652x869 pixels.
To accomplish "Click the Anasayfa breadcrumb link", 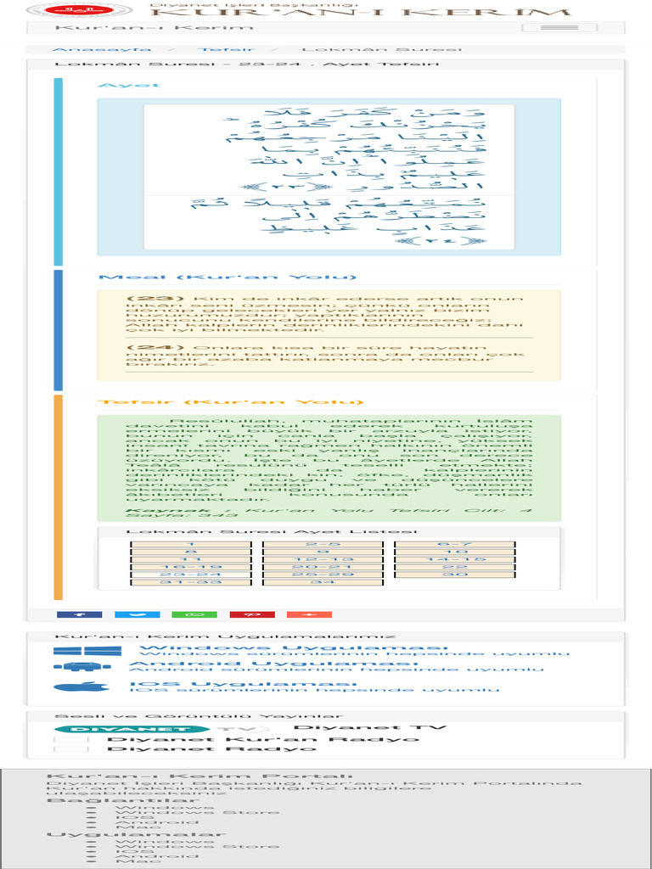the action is (90, 50).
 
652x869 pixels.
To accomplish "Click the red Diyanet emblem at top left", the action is (59, 11).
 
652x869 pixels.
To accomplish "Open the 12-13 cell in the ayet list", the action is (323, 559).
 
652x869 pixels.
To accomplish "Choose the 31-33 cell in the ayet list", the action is (190, 581).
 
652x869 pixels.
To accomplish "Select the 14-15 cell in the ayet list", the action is (455, 559).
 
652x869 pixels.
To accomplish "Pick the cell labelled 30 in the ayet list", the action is (455, 575).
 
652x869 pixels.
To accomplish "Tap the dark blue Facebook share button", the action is (79, 614).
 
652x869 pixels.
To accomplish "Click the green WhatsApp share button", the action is (194, 614).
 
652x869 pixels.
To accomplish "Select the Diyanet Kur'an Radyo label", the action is (262, 739).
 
